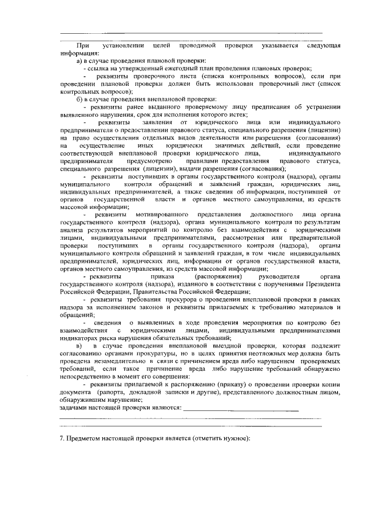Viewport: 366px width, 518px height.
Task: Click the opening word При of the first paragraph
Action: pyautogui.click(x=82, y=45)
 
